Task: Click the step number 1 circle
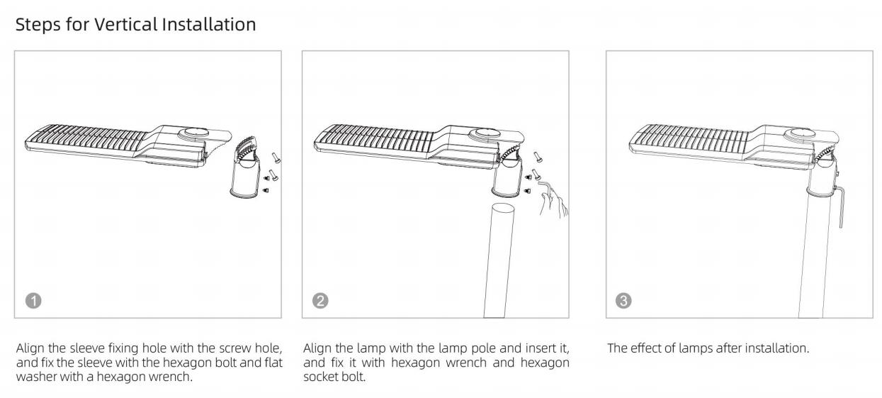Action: click(x=33, y=301)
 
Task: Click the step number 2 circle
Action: click(x=320, y=301)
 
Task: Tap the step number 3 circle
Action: click(x=623, y=301)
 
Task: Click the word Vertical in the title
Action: click(x=125, y=24)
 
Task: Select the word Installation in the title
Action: click(x=209, y=24)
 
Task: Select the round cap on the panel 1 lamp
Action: click(x=193, y=133)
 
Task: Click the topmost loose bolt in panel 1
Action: click(x=276, y=158)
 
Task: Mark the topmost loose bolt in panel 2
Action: click(x=537, y=157)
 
